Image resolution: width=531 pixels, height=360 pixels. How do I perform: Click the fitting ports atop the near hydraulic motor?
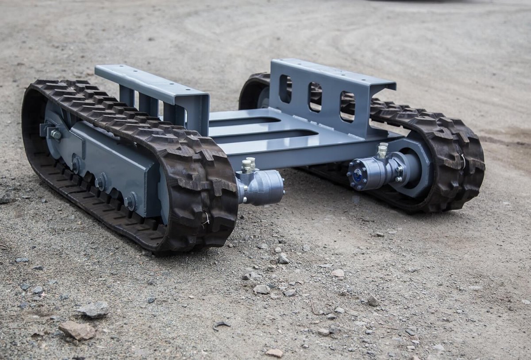click(248, 165)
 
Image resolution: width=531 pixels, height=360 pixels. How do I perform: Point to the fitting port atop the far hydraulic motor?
click(383, 150)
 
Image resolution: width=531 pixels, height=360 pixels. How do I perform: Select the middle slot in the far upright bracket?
click(315, 97)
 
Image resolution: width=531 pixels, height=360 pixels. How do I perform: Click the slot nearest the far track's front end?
click(347, 106)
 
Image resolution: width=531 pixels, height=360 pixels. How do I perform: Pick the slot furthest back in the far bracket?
click(285, 89)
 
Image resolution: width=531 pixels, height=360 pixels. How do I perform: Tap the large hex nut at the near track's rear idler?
click(56, 134)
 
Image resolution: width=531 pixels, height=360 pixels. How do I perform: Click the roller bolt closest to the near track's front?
click(130, 201)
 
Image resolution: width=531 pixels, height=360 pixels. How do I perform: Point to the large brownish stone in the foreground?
click(77, 330)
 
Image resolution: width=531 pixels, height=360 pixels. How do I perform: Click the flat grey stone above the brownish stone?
click(93, 309)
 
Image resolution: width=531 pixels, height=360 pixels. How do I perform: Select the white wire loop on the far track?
click(463, 162)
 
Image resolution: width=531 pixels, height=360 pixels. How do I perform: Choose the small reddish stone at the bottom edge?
click(274, 353)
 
